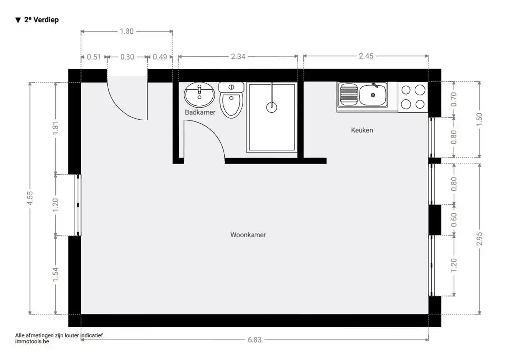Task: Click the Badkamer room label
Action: pos(200,112)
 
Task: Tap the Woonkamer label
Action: pos(248,235)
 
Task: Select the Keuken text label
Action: pos(362,130)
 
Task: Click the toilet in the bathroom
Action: pos(231,99)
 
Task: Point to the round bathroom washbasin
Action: pos(199,95)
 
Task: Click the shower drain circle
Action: pos(271,107)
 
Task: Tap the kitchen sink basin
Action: pos(373,95)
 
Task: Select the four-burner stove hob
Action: pos(413,97)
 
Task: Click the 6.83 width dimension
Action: pos(255,340)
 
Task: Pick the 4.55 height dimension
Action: pos(30,198)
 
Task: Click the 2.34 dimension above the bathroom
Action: pos(238,57)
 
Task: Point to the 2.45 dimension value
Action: pos(366,56)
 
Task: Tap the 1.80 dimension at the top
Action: pos(127,31)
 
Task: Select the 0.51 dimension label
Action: pos(94,57)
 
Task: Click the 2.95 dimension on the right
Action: pos(479,239)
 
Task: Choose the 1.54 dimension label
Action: pos(55,275)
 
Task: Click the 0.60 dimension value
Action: pos(454,220)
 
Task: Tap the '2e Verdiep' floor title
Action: pos(37,20)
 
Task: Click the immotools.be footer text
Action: pos(32,341)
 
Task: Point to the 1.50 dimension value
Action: pos(479,120)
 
